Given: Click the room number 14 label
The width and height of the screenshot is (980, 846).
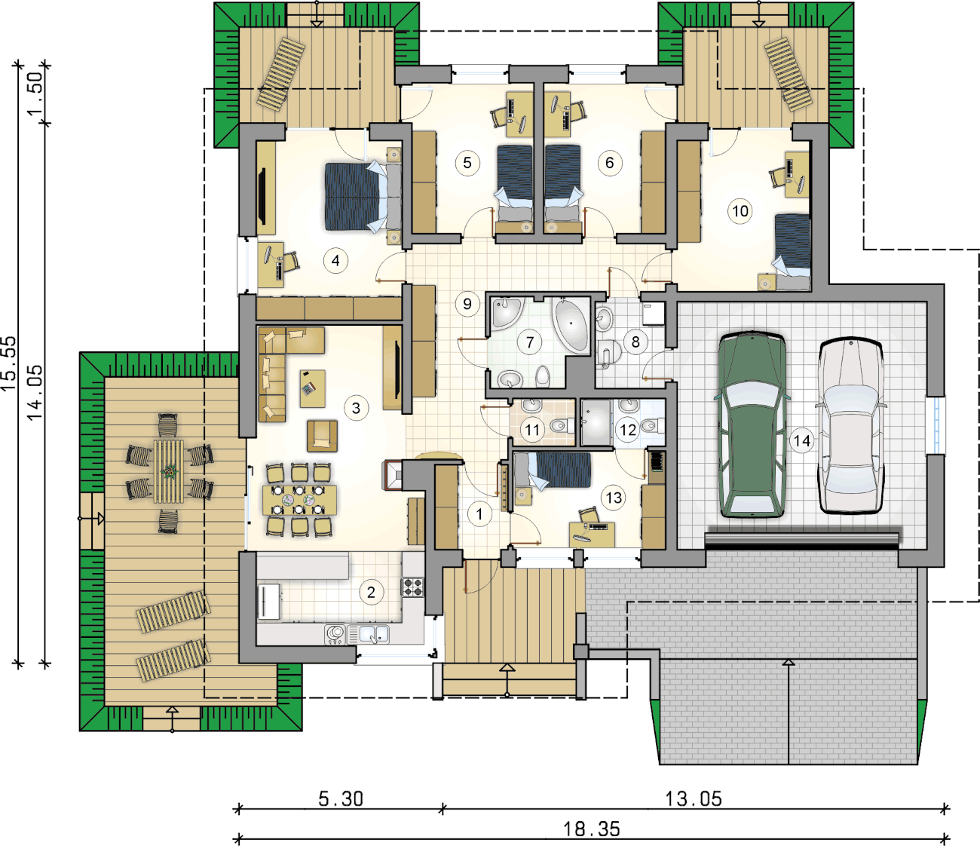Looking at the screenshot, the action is pyautogui.click(x=802, y=440).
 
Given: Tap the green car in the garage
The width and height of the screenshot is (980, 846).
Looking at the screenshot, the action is pyautogui.click(x=752, y=425).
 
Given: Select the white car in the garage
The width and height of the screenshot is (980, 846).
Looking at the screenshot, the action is pyautogui.click(x=851, y=425).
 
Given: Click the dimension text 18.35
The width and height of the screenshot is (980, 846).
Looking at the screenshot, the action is pyautogui.click(x=591, y=829).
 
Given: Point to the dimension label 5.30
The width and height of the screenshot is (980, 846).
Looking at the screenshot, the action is pyautogui.click(x=341, y=798).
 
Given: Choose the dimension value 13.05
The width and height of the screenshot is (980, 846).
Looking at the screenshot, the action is pyautogui.click(x=693, y=798).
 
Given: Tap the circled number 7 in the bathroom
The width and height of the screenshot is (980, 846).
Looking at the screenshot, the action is pyautogui.click(x=530, y=342).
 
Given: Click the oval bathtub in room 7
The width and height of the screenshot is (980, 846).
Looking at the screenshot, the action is pyautogui.click(x=571, y=323).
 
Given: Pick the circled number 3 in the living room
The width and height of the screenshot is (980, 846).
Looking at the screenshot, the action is pyautogui.click(x=356, y=408).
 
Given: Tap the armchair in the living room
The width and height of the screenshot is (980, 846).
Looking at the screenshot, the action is pyautogui.click(x=322, y=436).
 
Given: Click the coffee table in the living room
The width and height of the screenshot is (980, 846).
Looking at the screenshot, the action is pyautogui.click(x=312, y=388).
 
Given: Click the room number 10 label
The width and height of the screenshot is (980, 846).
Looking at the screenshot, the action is pyautogui.click(x=740, y=210).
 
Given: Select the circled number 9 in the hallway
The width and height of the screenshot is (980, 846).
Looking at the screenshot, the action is pyautogui.click(x=467, y=303).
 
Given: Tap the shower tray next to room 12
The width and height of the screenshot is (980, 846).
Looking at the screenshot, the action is pyautogui.click(x=596, y=422).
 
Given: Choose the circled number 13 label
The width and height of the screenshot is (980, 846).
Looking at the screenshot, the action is pyautogui.click(x=614, y=498).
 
